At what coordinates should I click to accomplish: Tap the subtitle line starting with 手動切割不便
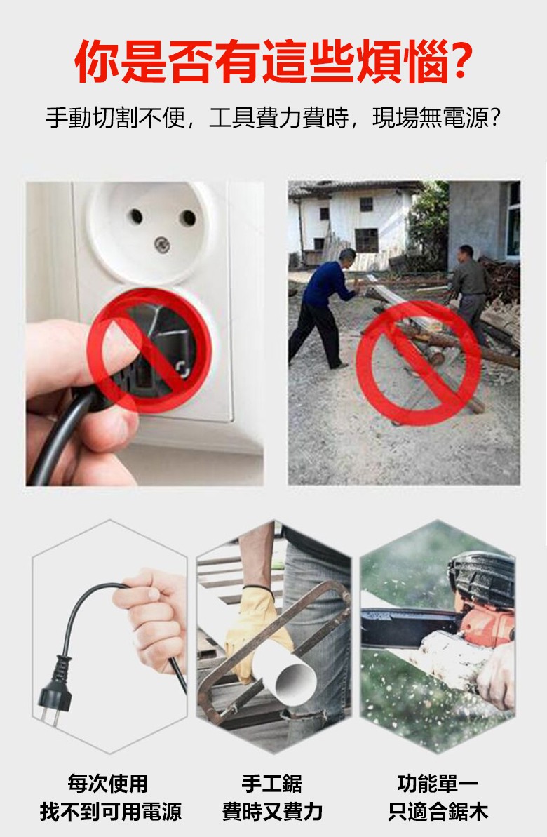pyautogui.click(x=273, y=117)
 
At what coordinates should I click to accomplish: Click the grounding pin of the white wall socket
pyautogui.click(x=162, y=244)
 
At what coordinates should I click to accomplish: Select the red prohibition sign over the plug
pyautogui.click(x=149, y=350)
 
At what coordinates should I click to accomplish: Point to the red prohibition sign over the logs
pyautogui.click(x=419, y=363)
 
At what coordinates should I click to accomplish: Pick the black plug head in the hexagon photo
pyautogui.click(x=55, y=688)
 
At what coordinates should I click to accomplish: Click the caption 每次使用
pyautogui.click(x=108, y=784)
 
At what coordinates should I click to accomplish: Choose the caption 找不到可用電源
pyautogui.click(x=111, y=811)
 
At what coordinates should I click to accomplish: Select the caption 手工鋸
pyautogui.click(x=272, y=784)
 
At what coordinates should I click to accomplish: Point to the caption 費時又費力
pyautogui.click(x=273, y=811)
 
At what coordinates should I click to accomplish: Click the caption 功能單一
pyautogui.click(x=438, y=784)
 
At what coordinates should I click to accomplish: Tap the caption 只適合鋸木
pyautogui.click(x=438, y=811)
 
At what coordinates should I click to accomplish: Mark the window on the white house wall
pyautogui.click(x=367, y=240)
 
